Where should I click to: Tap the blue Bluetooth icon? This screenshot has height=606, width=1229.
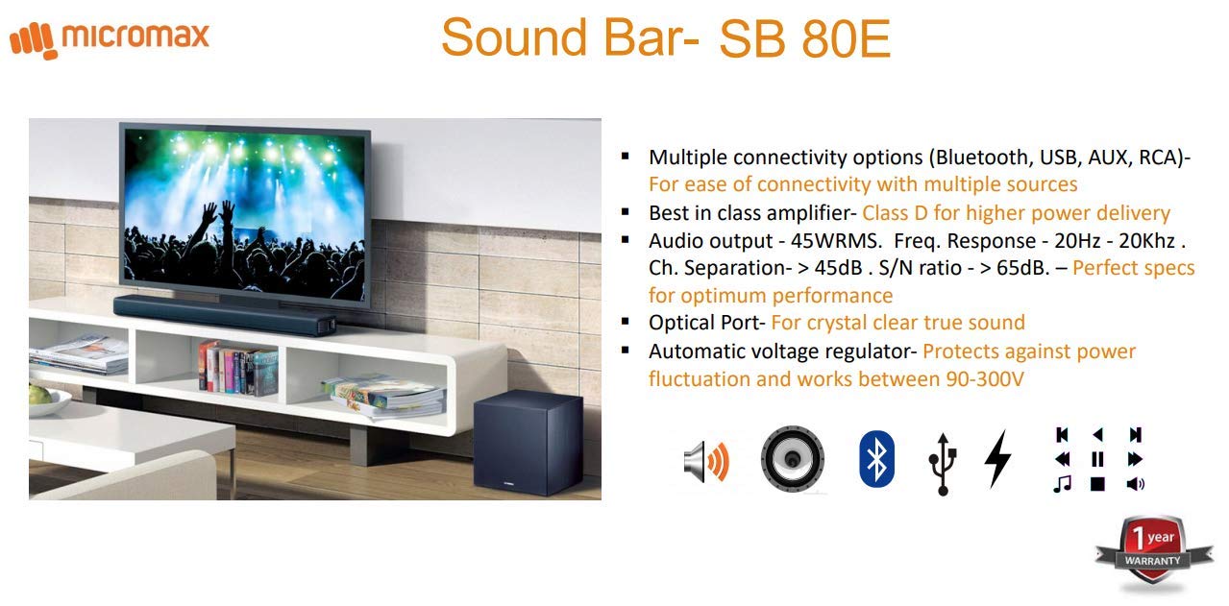875,459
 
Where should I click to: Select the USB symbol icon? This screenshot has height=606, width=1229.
942,462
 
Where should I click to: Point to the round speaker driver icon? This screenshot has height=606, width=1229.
792,459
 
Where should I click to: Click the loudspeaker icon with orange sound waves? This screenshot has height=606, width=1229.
706,460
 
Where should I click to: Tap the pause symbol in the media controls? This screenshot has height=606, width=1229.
1097,459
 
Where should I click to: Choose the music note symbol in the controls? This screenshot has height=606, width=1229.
1062,484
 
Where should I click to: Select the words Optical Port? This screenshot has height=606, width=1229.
705,323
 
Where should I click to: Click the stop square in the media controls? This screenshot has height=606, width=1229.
1097,484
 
